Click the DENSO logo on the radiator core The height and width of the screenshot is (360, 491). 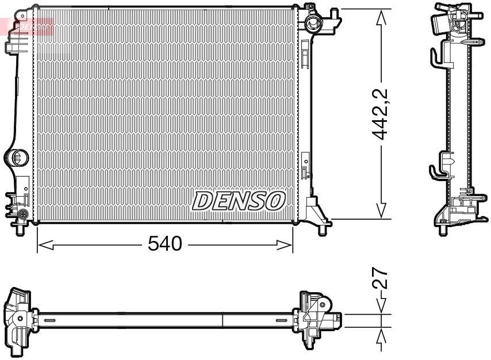click(239, 201)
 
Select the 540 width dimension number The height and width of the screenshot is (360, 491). click(164, 244)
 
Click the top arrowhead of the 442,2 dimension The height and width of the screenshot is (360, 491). click(381, 17)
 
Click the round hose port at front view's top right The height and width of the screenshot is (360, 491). click(313, 24)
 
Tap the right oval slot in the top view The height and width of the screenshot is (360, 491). click(281, 320)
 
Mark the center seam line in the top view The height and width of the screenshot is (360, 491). click(223, 320)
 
